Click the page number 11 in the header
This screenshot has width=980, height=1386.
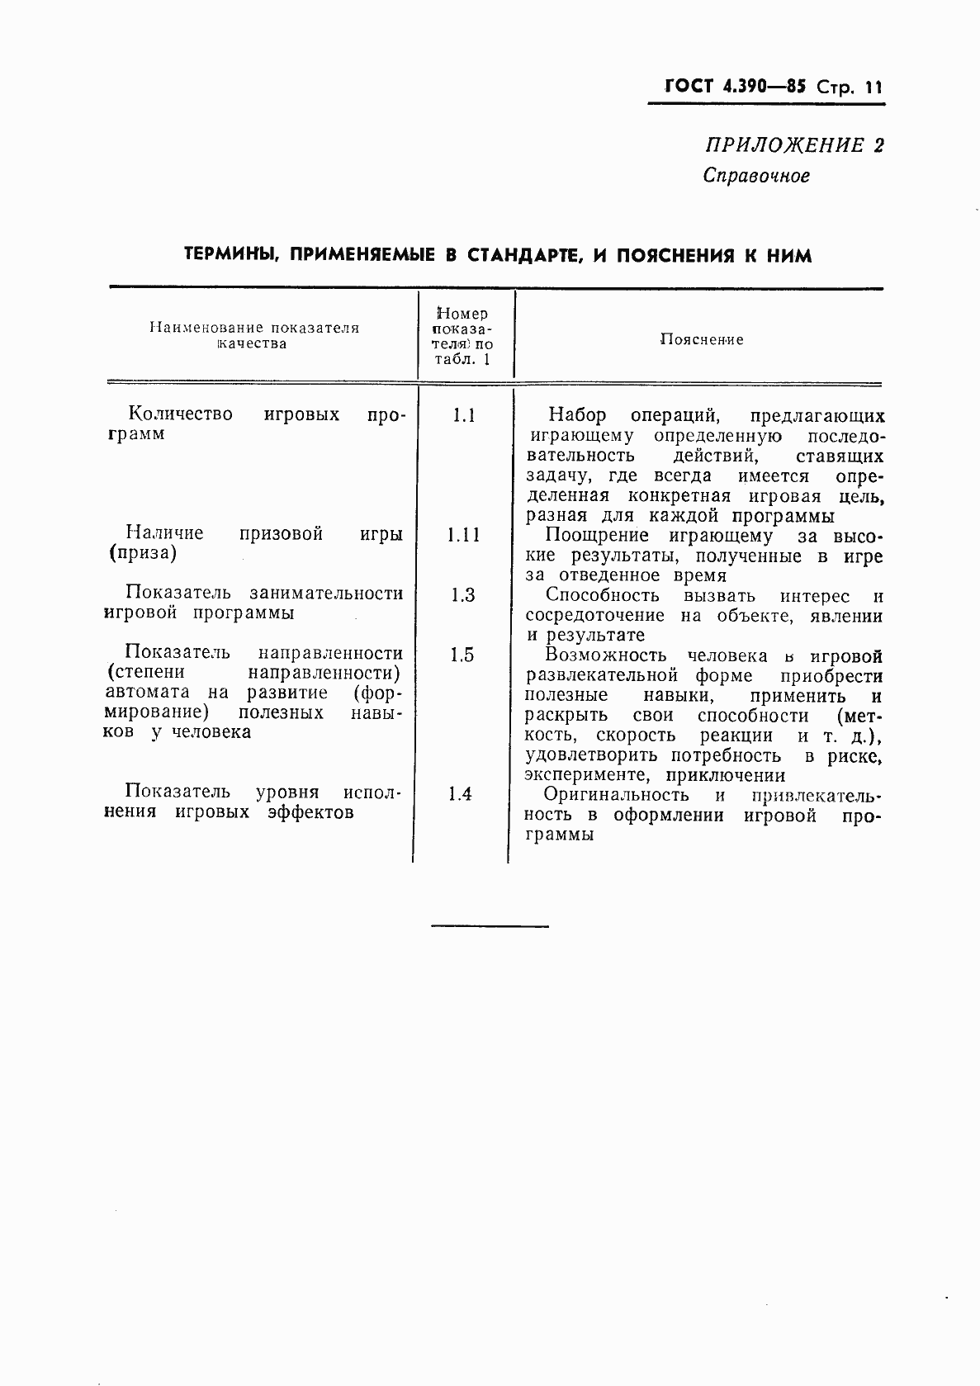pyautogui.click(x=873, y=87)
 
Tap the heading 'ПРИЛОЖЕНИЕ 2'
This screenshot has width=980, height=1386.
pyautogui.click(x=793, y=146)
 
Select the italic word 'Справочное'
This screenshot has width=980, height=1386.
pyautogui.click(x=756, y=176)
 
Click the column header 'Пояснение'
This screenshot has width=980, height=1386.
pyautogui.click(x=702, y=340)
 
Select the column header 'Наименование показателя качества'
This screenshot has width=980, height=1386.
pyautogui.click(x=254, y=335)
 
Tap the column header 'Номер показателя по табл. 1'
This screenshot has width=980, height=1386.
pyautogui.click(x=463, y=336)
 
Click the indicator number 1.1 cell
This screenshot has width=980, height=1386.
pyautogui.click(x=464, y=415)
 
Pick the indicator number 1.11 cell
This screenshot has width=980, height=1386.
pyautogui.click(x=463, y=535)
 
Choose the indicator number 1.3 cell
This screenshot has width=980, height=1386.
pyautogui.click(x=463, y=595)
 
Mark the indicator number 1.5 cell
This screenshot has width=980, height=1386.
pyautogui.click(x=462, y=655)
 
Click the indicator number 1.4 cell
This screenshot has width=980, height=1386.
pyautogui.click(x=461, y=794)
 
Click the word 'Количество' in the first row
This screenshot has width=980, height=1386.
pyautogui.click(x=181, y=414)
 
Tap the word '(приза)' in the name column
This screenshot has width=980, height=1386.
pyautogui.click(x=143, y=554)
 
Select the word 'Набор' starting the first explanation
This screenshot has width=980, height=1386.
pyautogui.click(x=576, y=415)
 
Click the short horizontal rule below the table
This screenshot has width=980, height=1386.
pyautogui.click(x=490, y=926)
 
